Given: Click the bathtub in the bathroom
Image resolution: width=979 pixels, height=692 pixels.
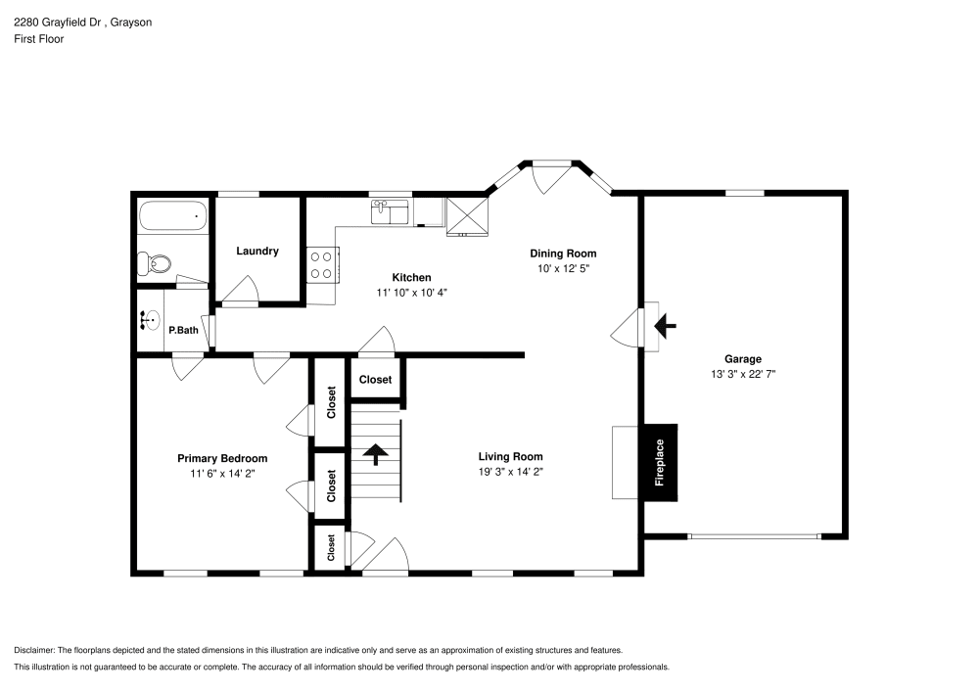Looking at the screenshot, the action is click(x=173, y=216).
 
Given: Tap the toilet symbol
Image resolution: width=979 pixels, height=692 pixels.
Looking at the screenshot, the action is click(x=155, y=264).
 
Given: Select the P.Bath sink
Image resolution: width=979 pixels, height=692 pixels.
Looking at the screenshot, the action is click(x=149, y=320).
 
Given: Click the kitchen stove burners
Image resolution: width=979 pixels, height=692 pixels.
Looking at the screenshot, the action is click(x=321, y=265).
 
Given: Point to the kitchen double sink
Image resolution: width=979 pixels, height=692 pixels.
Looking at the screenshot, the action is click(x=391, y=212).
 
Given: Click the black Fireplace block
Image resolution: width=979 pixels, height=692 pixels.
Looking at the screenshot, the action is click(x=661, y=462).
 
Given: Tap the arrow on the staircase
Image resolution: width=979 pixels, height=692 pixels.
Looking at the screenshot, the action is click(x=375, y=454).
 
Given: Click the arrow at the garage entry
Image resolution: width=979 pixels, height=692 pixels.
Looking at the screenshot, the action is click(x=665, y=326).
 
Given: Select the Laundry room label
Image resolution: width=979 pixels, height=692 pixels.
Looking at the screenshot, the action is click(x=257, y=251).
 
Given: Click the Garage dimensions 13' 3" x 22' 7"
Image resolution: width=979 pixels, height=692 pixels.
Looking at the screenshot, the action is click(x=743, y=375).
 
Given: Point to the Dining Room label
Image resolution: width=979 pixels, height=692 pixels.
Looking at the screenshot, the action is click(x=563, y=254).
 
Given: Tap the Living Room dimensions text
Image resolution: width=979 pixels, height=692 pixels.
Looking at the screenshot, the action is click(x=511, y=472).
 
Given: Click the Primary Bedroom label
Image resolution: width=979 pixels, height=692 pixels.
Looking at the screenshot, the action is click(x=222, y=459).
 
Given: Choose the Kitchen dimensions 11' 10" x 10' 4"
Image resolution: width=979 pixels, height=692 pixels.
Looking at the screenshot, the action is click(x=411, y=293).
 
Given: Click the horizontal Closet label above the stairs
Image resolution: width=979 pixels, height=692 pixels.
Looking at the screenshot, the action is click(x=375, y=380).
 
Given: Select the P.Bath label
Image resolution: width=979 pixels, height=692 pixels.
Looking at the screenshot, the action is click(x=184, y=330).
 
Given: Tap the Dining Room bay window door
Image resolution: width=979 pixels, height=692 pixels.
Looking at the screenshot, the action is click(x=551, y=178).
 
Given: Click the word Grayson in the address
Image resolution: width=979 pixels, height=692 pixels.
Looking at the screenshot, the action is click(x=131, y=23).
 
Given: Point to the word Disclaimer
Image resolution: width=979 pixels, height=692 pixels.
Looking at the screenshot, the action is click(x=34, y=650).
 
